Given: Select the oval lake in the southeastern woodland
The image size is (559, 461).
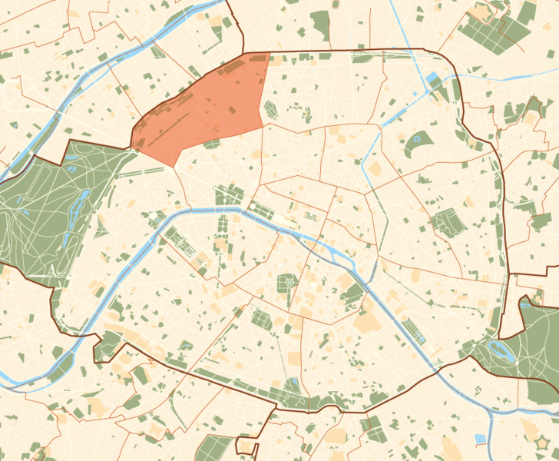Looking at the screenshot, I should click(502, 353).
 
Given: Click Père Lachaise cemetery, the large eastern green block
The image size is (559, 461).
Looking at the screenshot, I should click(444, 223).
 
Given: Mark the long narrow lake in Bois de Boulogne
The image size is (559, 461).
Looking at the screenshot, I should click(78, 207).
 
